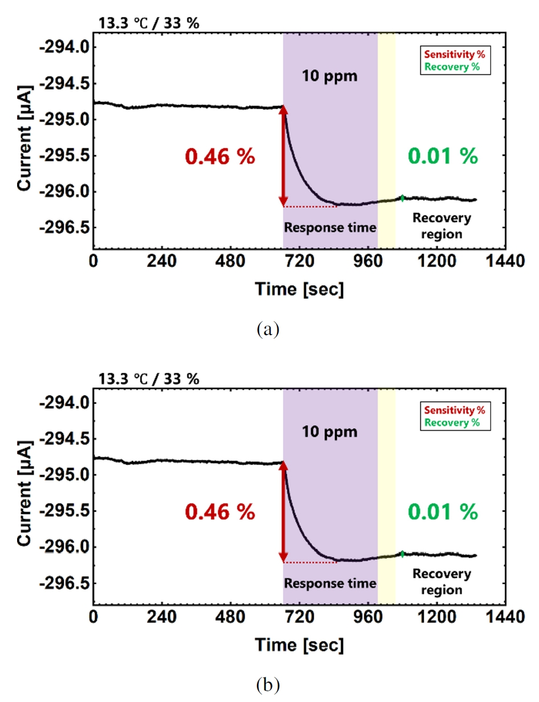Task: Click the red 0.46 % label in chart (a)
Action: pyautogui.click(x=219, y=156)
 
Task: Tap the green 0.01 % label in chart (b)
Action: pyautogui.click(x=443, y=512)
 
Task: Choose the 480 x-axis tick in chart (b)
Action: pyautogui.click(x=231, y=618)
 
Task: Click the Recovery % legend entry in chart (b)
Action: pyautogui.click(x=452, y=423)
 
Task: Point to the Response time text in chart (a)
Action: pyautogui.click(x=330, y=228)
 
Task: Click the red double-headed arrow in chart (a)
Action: pyautogui.click(x=283, y=156)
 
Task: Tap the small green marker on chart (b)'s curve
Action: pyautogui.click(x=403, y=554)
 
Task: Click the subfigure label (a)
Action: pyautogui.click(x=268, y=329)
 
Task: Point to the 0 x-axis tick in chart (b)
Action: pyautogui.click(x=93, y=618)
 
